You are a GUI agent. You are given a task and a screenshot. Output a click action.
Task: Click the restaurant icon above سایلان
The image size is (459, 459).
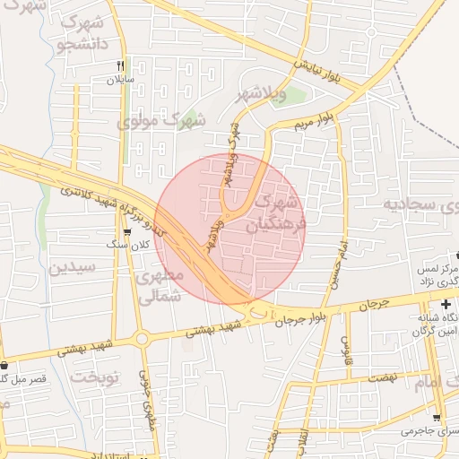pyautogui.click(x=120, y=65)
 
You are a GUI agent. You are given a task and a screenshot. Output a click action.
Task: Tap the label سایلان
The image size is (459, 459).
pyautogui.click(x=120, y=79)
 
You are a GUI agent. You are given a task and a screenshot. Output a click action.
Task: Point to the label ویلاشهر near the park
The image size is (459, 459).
pyautogui.click(x=261, y=94)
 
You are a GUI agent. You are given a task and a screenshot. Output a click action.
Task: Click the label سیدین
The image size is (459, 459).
pyautogui.click(x=70, y=267)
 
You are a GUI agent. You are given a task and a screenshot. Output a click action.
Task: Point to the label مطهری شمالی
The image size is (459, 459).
pyautogui.click(x=162, y=284)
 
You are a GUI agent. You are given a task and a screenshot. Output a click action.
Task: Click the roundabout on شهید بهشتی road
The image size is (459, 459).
pyautogui.click(x=142, y=338)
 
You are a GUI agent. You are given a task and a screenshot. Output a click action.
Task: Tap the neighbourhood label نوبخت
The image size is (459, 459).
pyautogui.click(x=96, y=377)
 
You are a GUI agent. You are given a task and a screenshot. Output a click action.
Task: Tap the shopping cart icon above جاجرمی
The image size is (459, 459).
pyautogui.click(x=437, y=418)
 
